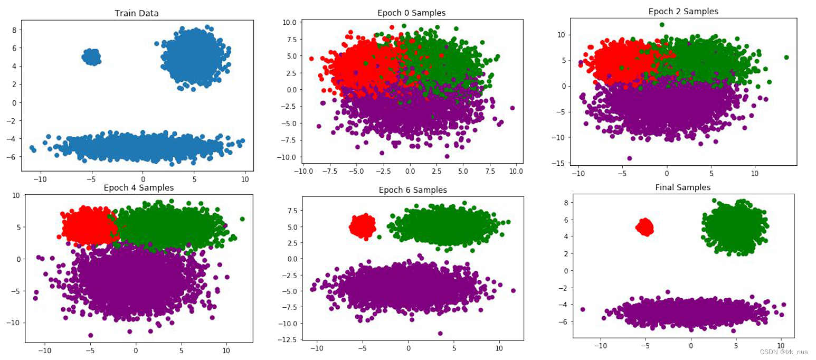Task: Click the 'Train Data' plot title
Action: (x=137, y=14)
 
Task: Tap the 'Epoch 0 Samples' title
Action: (x=412, y=13)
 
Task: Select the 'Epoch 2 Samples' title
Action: (x=682, y=11)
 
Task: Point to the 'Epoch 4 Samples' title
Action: (x=139, y=187)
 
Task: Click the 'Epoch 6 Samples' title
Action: (x=413, y=190)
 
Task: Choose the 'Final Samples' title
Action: (x=682, y=187)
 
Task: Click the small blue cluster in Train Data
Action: (x=92, y=56)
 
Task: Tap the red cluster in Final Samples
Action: (x=644, y=228)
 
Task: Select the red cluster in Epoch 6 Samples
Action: (x=363, y=226)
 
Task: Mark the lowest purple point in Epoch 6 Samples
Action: (x=440, y=333)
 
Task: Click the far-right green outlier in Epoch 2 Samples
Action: (x=786, y=57)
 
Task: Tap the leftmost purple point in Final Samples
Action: (x=583, y=309)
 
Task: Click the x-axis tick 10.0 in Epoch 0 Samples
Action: (x=516, y=172)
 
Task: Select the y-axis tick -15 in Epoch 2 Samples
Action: (x=559, y=163)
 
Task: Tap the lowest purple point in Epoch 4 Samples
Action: (x=91, y=335)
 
